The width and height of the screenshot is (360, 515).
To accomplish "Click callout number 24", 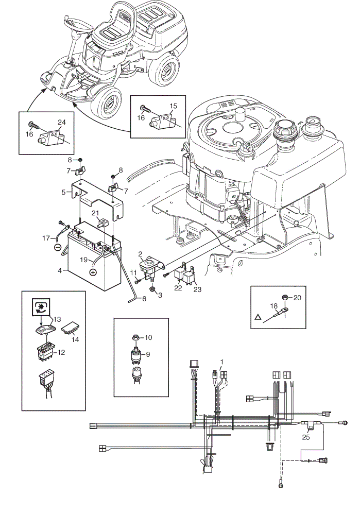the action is [61, 122].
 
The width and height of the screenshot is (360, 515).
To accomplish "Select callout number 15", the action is [173, 106].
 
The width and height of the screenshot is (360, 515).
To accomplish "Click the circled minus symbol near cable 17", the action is [57, 247].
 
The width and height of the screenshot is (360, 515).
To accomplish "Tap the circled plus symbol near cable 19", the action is [93, 272].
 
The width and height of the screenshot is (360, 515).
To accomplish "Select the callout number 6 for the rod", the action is [144, 299].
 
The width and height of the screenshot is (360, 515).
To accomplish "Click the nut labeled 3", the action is [152, 289].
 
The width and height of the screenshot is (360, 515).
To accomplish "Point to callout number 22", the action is [178, 288].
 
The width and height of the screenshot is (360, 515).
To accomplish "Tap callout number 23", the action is [197, 289].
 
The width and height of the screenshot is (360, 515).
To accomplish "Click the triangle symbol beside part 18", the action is [258, 317].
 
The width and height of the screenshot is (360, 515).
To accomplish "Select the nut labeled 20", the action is [286, 298].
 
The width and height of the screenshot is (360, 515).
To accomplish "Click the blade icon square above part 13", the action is [40, 307].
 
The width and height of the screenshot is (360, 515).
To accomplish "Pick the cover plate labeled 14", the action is [71, 327].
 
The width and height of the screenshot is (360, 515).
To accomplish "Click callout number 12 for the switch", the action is [61, 352].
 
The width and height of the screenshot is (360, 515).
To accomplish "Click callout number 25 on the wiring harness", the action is [306, 437].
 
